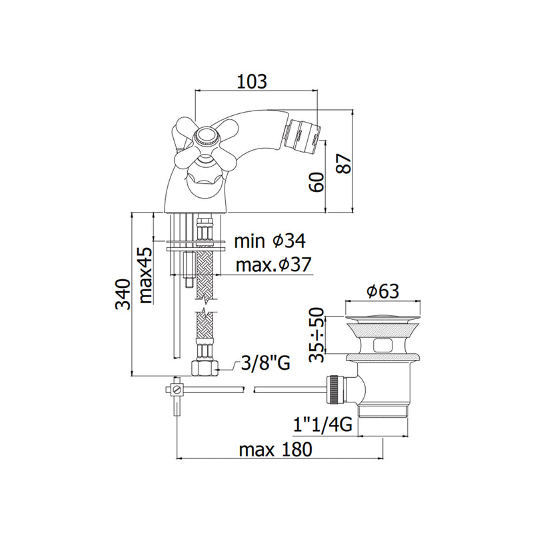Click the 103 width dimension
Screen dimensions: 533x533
point(252,81)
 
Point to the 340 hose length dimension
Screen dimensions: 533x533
point(123,294)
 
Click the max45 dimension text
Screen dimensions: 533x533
point(145,275)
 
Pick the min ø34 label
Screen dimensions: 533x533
point(270,241)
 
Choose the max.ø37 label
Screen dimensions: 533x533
point(273,265)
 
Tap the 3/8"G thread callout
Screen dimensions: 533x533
point(265,363)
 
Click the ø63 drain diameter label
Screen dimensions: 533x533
point(382,291)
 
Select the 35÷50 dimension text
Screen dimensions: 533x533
point(316,335)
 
